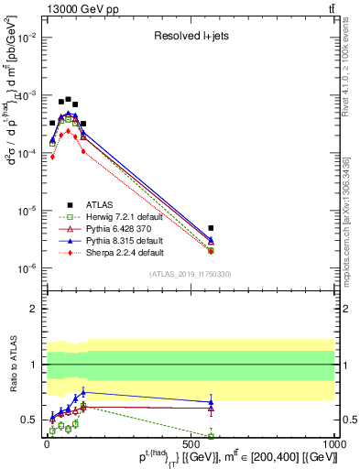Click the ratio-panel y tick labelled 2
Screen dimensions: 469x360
pos(32,309)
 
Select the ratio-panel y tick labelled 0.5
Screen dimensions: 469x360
pos(28,420)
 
